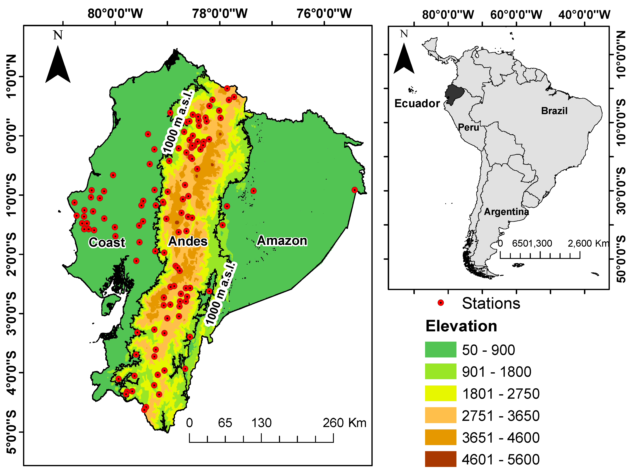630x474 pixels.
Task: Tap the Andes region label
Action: (188, 241)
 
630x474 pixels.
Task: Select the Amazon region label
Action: (282, 241)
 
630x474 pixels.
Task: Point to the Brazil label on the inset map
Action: (554, 111)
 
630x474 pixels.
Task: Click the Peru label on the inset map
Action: (468, 127)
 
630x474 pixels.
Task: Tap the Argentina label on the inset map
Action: (506, 212)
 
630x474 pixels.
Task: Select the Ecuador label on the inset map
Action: (417, 103)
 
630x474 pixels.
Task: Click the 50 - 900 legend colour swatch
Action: (440, 349)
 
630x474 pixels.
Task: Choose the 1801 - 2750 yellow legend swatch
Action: (440, 393)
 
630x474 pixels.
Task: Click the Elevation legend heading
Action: (461, 326)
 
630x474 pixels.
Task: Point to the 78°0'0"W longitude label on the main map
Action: (220, 13)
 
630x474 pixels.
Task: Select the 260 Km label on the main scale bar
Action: (344, 423)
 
